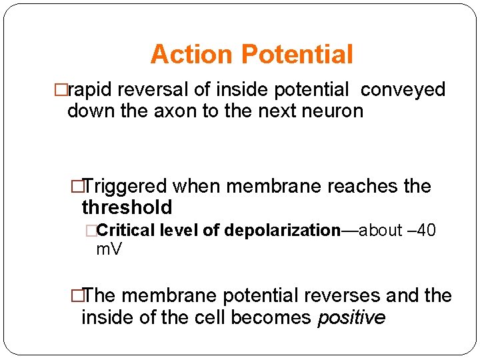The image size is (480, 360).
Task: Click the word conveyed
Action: point(403,90)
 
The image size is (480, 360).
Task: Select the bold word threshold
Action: point(127,207)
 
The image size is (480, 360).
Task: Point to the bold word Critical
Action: point(125,231)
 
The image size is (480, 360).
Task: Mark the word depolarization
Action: point(283,231)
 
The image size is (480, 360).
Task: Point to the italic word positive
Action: point(351,318)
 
